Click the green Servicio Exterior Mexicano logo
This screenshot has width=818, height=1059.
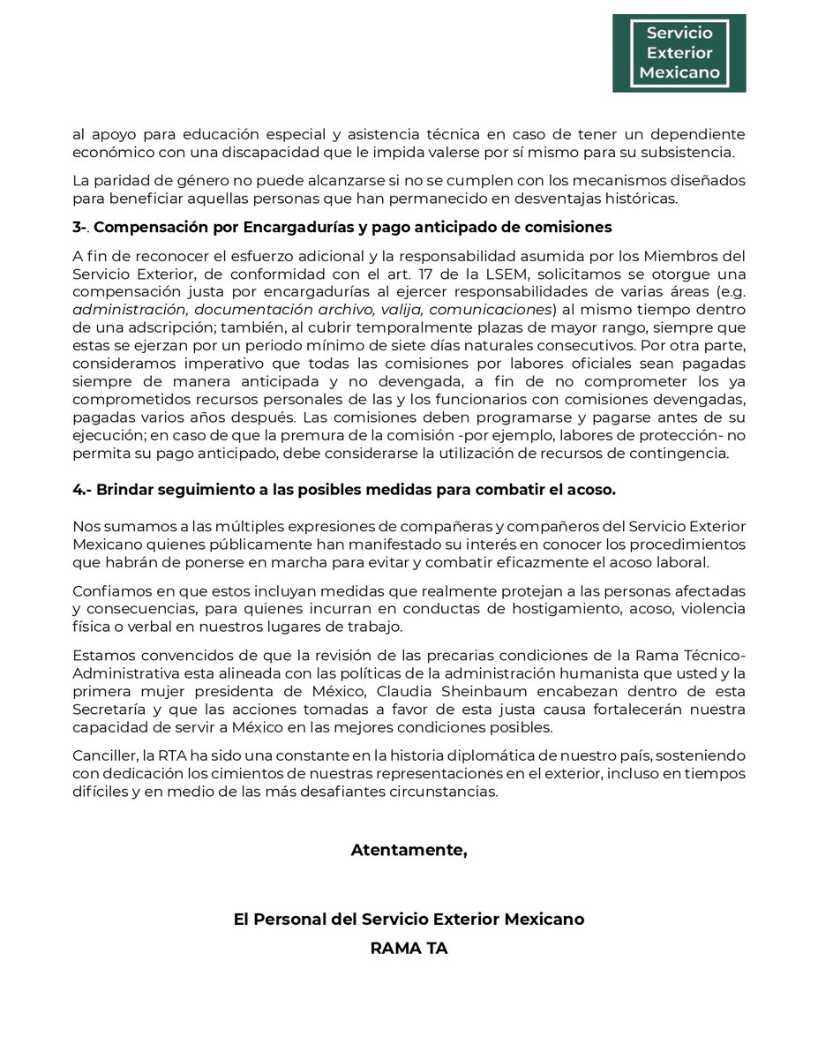coord(679,53)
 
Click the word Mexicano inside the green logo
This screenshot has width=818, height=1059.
coord(679,72)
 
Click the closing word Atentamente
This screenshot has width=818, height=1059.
coord(409,851)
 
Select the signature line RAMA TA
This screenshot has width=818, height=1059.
coord(409,950)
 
